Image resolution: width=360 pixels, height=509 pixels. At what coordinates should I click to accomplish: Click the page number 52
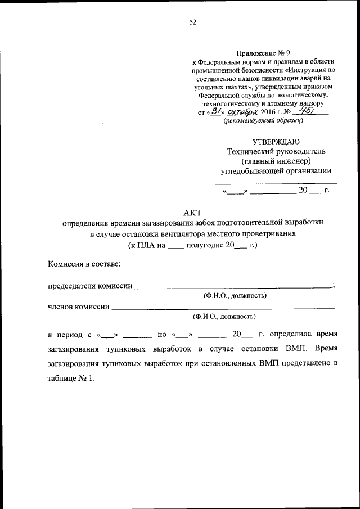[192, 22]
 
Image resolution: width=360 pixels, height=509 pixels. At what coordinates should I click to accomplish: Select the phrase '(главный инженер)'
[276, 161]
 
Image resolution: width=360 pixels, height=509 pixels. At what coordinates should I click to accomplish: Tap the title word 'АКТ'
[192, 212]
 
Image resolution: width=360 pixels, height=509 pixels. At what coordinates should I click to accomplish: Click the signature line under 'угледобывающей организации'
[276, 183]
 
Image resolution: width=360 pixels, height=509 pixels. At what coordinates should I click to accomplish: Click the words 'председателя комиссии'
[90, 286]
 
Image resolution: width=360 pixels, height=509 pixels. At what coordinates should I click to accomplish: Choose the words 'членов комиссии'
[79, 307]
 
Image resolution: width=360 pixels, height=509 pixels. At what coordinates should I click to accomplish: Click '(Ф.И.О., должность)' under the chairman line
[234, 296]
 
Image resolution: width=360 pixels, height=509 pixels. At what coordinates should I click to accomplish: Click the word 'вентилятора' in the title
[185, 233]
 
